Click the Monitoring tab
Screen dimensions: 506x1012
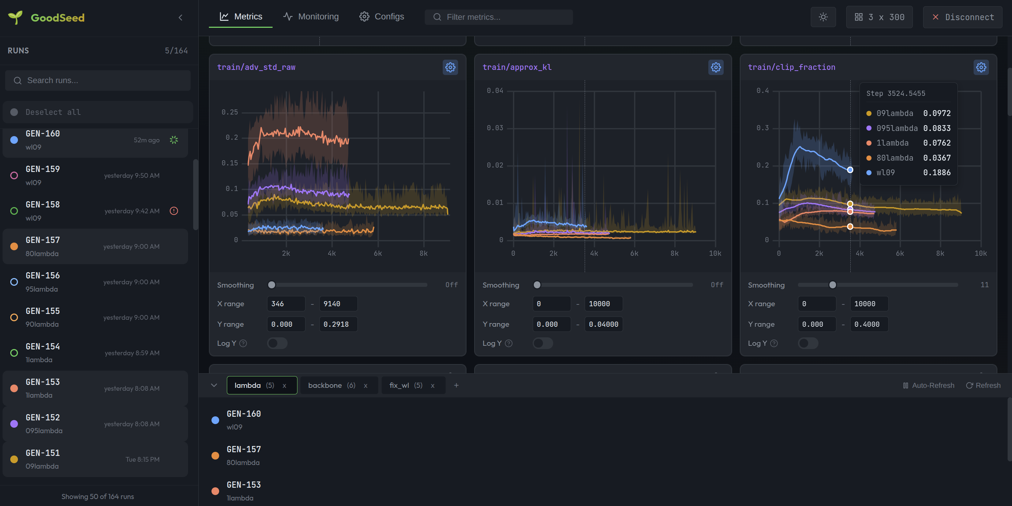(x=311, y=17)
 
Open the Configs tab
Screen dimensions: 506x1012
(x=382, y=17)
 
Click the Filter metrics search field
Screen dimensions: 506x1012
(x=503, y=17)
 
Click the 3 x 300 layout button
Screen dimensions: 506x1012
(x=879, y=17)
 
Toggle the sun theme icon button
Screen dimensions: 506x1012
(x=823, y=17)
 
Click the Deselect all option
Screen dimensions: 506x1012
(x=53, y=112)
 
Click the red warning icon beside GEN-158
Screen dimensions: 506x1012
(x=174, y=211)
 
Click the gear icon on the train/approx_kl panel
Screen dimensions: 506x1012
(x=716, y=67)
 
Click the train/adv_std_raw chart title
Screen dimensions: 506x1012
(x=256, y=67)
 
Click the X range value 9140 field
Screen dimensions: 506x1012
(x=338, y=304)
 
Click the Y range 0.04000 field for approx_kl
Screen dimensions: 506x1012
(x=603, y=324)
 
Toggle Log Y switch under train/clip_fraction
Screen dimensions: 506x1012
(x=808, y=343)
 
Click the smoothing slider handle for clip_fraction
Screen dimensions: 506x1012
(x=832, y=285)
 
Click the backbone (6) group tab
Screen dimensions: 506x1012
(x=331, y=385)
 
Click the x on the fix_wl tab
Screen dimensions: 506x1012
(x=432, y=386)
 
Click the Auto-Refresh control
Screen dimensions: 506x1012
(x=928, y=385)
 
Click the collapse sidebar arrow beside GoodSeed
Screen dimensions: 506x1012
(x=180, y=18)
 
